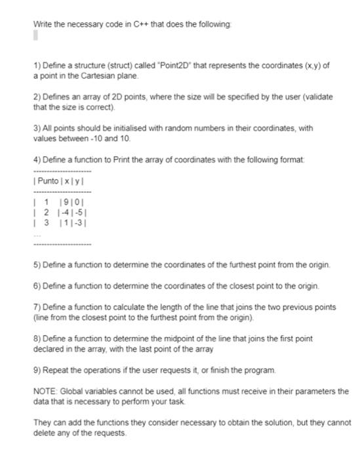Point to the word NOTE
pos(45,391)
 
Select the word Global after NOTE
pos(73,391)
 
